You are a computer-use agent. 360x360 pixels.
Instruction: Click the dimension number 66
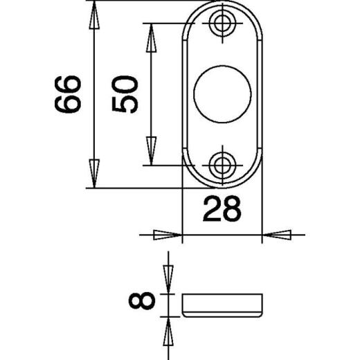68,94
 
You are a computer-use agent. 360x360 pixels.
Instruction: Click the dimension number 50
125,94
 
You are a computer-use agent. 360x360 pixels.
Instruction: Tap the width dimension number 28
222,209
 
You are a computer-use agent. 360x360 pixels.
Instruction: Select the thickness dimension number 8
142,300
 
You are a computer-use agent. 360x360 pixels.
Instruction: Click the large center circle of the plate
222,93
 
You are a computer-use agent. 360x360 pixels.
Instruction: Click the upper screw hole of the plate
222,23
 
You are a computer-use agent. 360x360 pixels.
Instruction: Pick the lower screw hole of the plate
222,165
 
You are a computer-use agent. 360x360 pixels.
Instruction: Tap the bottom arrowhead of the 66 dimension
94,174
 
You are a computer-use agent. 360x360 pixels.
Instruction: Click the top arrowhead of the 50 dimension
151,37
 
